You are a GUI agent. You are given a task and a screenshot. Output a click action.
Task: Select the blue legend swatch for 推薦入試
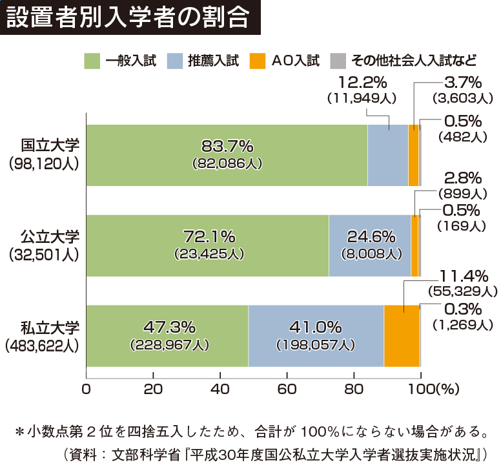[174, 61]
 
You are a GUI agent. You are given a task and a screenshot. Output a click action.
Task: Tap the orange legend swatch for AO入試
[256, 61]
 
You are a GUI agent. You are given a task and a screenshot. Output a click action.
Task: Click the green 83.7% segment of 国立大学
[226, 155]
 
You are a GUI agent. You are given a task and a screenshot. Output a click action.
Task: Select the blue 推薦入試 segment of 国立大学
[387, 155]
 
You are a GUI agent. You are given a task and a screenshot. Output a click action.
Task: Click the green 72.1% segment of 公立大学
[207, 245]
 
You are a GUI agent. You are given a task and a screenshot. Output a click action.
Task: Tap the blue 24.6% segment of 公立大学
[369, 245]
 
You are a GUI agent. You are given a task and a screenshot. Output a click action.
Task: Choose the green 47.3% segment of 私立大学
[167, 335]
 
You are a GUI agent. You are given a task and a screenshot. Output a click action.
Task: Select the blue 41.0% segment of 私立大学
[316, 335]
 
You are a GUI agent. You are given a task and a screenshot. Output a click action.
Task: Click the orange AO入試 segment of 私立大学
[401, 335]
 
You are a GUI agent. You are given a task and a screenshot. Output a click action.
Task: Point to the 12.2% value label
[362, 82]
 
